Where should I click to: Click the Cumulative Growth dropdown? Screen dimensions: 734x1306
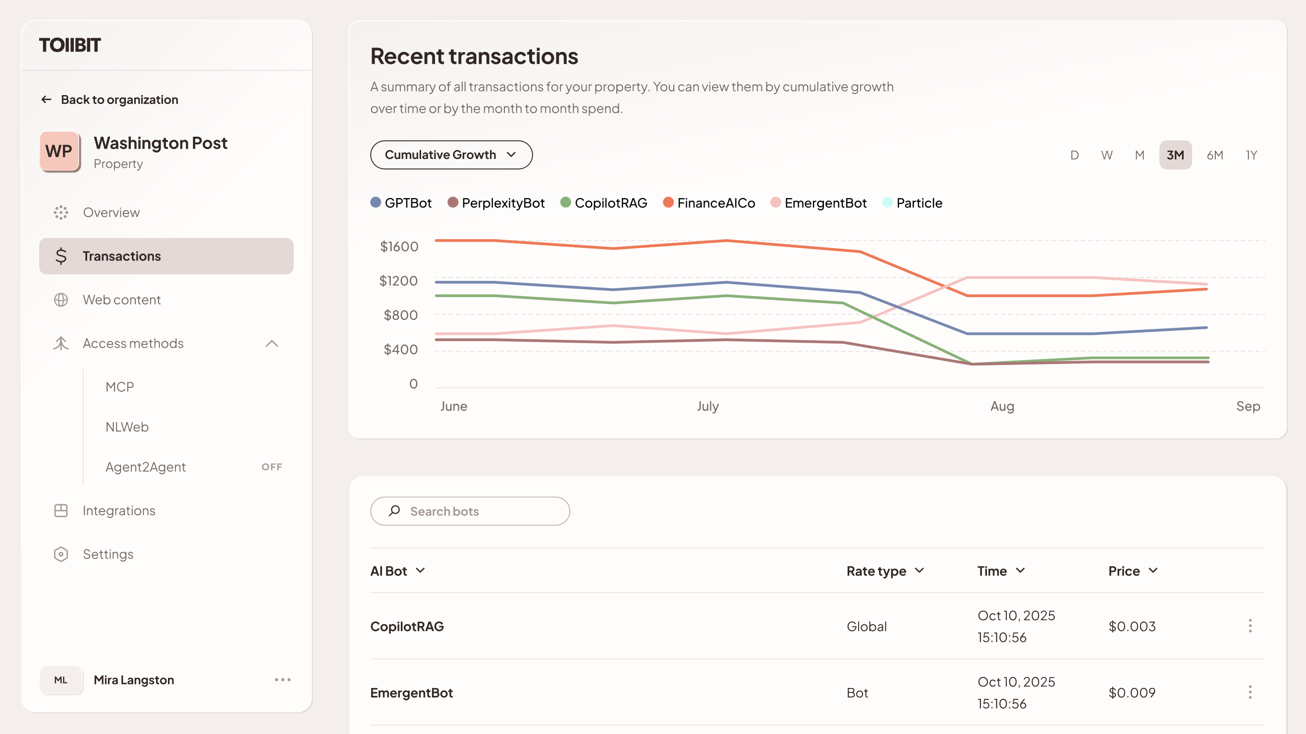(x=451, y=155)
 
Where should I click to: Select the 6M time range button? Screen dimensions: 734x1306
(x=1215, y=155)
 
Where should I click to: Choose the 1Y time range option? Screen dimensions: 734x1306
(x=1251, y=155)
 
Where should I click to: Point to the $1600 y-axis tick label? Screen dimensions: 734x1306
(x=399, y=246)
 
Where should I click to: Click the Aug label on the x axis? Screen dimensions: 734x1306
(x=1002, y=406)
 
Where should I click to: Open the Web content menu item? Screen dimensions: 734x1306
(x=122, y=300)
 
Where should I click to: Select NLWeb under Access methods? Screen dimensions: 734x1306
(x=127, y=427)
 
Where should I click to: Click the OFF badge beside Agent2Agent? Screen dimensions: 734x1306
(x=272, y=467)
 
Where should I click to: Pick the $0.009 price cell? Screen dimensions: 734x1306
(x=1132, y=692)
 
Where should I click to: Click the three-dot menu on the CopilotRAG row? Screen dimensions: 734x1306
(x=1250, y=626)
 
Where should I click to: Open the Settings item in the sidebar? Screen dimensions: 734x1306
(x=108, y=554)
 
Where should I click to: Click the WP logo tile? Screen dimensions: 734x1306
(x=59, y=151)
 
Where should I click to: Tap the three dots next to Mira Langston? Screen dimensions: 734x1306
(x=282, y=680)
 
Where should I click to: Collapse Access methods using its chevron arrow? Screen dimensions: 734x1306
(x=272, y=344)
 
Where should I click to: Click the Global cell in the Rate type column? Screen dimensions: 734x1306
(x=867, y=627)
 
